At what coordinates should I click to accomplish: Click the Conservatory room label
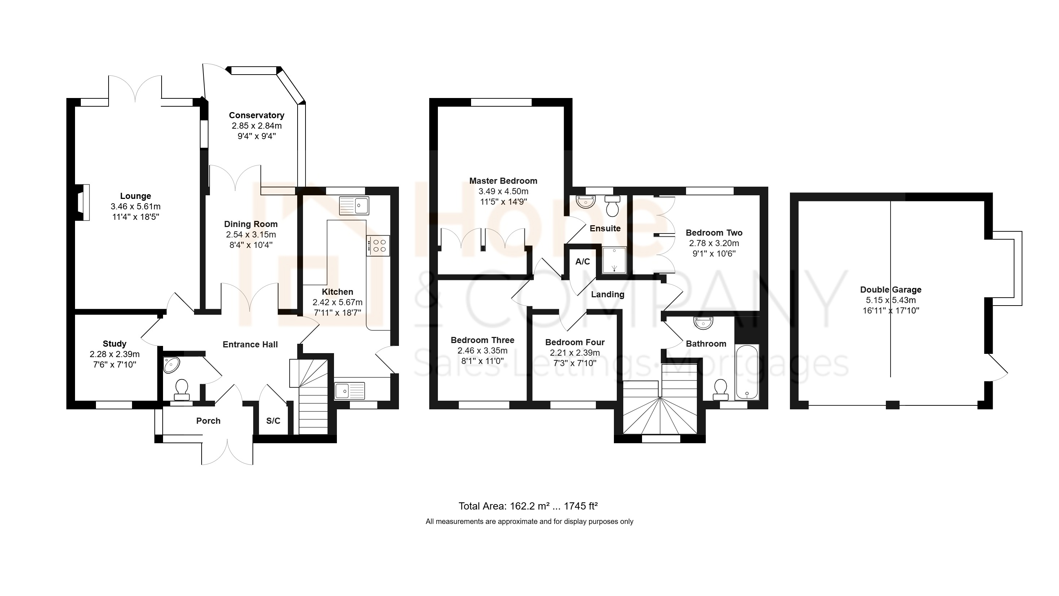coord(256,115)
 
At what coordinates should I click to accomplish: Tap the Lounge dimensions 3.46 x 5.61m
coord(136,206)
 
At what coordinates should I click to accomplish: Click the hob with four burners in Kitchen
coord(378,246)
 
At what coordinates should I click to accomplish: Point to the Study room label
coord(114,344)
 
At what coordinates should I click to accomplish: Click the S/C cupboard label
coord(273,421)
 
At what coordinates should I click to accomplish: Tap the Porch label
coord(208,421)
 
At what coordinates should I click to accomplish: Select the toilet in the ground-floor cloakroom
coord(182,390)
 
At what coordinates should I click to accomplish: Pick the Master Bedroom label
coord(503,181)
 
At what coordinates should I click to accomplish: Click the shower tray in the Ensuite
coord(614,260)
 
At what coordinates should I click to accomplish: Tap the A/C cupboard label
coord(583,262)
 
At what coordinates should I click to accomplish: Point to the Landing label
coord(608,294)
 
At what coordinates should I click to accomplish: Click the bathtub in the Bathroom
coord(747,372)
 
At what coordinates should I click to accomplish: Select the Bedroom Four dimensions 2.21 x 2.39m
coord(575,353)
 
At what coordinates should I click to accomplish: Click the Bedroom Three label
coord(483,340)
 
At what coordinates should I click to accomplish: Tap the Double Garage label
coord(891,290)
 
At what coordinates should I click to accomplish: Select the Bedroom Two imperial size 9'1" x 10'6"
coord(714,254)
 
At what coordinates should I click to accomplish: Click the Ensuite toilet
coord(612,206)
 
